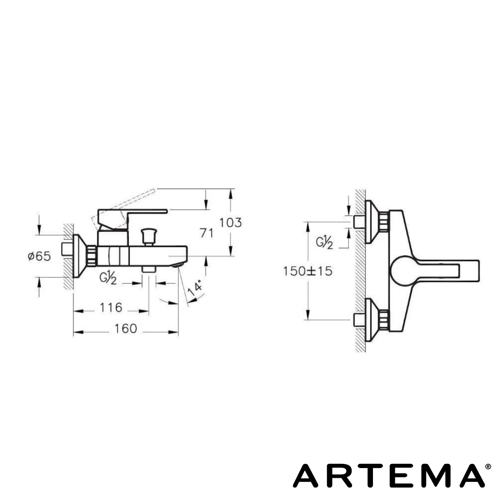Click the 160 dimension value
pyautogui.click(x=126, y=329)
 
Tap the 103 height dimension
pyautogui.click(x=231, y=223)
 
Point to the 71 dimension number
pyautogui.click(x=207, y=233)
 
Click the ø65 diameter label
pyautogui.click(x=39, y=256)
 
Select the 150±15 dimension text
pyautogui.click(x=308, y=271)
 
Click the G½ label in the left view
pyautogui.click(x=108, y=278)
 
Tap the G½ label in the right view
pyautogui.click(x=324, y=242)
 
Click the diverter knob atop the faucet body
pyautogui.click(x=149, y=234)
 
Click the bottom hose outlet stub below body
pyautogui.click(x=149, y=269)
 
